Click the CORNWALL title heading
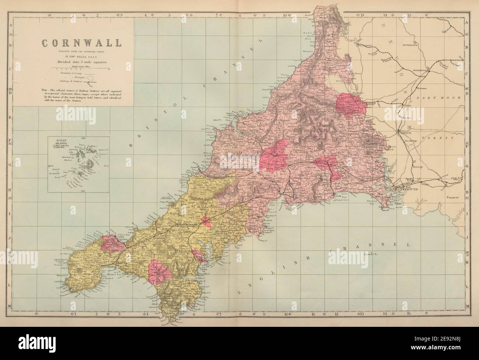[81, 43]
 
